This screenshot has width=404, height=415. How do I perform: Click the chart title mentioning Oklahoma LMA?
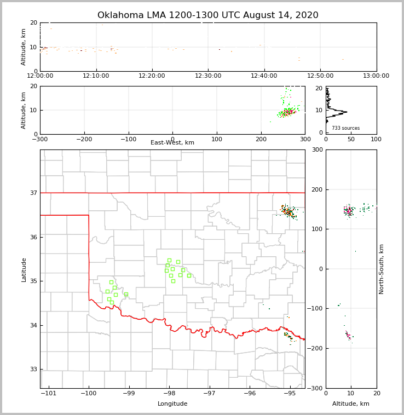click(x=207, y=15)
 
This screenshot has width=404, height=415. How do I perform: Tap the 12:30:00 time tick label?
click(x=208, y=76)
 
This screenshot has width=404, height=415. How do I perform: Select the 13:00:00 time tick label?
click(x=376, y=76)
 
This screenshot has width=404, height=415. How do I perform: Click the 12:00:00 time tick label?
click(x=40, y=76)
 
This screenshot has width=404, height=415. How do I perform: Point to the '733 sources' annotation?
click(x=345, y=128)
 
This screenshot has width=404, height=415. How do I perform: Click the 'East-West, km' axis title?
click(x=172, y=143)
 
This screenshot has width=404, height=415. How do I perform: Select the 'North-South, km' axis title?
click(x=382, y=269)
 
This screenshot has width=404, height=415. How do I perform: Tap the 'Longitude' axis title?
click(x=172, y=404)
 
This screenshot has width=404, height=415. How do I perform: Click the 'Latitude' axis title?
click(x=24, y=269)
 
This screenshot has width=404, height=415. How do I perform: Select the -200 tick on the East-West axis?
click(x=84, y=140)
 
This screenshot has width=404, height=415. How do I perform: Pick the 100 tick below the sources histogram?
click(x=376, y=140)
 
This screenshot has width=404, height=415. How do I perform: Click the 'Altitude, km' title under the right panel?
click(x=351, y=404)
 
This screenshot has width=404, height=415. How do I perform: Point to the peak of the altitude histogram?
click(x=347, y=112)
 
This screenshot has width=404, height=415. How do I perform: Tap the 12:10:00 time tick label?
click(x=96, y=76)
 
